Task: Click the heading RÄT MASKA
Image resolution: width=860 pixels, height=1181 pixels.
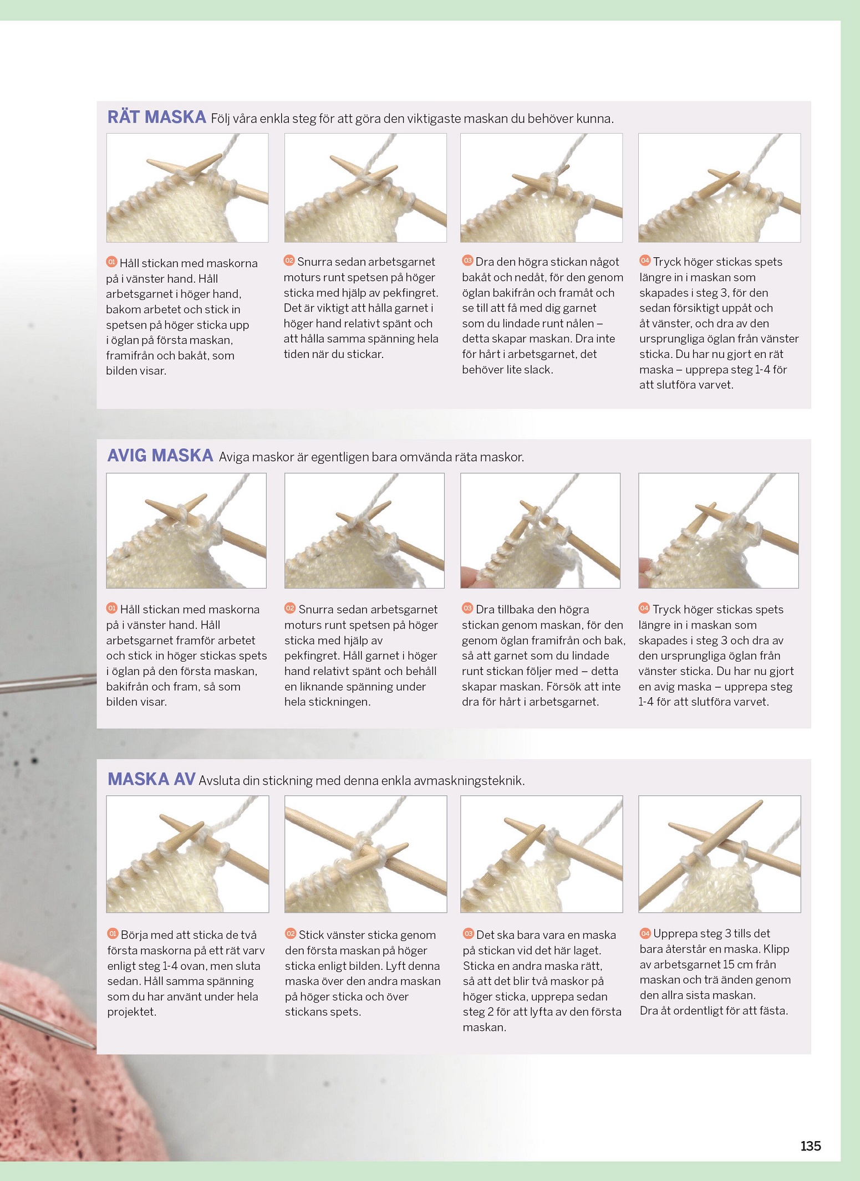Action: pyautogui.click(x=156, y=117)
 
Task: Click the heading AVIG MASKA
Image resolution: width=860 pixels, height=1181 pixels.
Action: pyautogui.click(x=160, y=456)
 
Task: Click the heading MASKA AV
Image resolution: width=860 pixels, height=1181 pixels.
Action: pyautogui.click(x=151, y=779)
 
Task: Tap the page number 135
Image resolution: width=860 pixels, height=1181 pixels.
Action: pyautogui.click(x=810, y=1146)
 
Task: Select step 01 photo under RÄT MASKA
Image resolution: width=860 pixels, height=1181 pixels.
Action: pyautogui.click(x=187, y=188)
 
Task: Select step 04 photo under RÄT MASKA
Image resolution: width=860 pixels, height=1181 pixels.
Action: pyautogui.click(x=719, y=188)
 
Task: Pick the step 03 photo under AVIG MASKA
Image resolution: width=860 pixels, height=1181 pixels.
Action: pyautogui.click(x=540, y=530)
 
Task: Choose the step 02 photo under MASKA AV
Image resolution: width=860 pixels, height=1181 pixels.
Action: pyautogui.click(x=365, y=854)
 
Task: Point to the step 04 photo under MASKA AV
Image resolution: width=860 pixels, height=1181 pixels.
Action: pyautogui.click(x=719, y=854)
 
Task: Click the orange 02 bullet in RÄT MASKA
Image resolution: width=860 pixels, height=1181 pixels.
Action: pyautogui.click(x=289, y=260)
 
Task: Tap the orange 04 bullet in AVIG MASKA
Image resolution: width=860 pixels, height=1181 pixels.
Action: pyautogui.click(x=644, y=608)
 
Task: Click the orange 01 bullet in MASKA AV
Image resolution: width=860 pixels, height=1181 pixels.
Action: pyautogui.click(x=113, y=934)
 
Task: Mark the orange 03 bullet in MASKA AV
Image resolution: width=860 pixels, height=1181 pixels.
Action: pyautogui.click(x=468, y=934)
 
